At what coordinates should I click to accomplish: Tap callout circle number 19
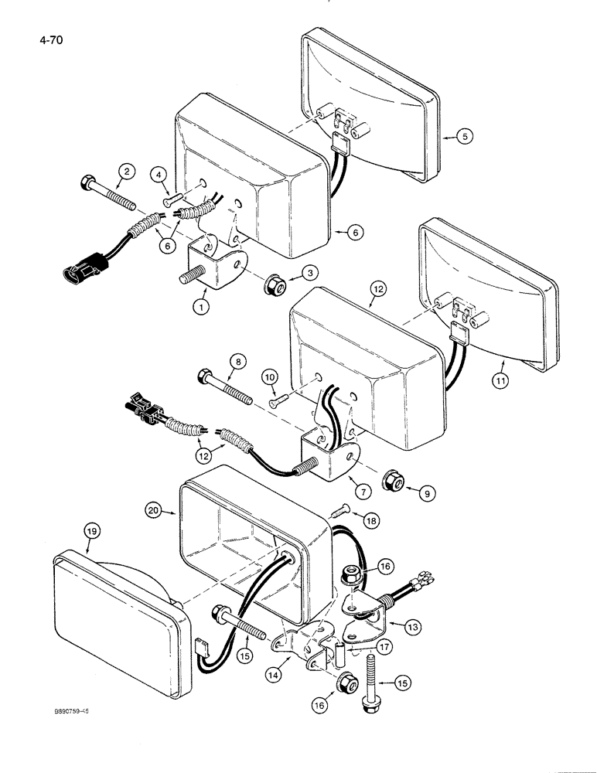tap(91, 532)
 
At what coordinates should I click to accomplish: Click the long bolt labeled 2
tap(107, 193)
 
